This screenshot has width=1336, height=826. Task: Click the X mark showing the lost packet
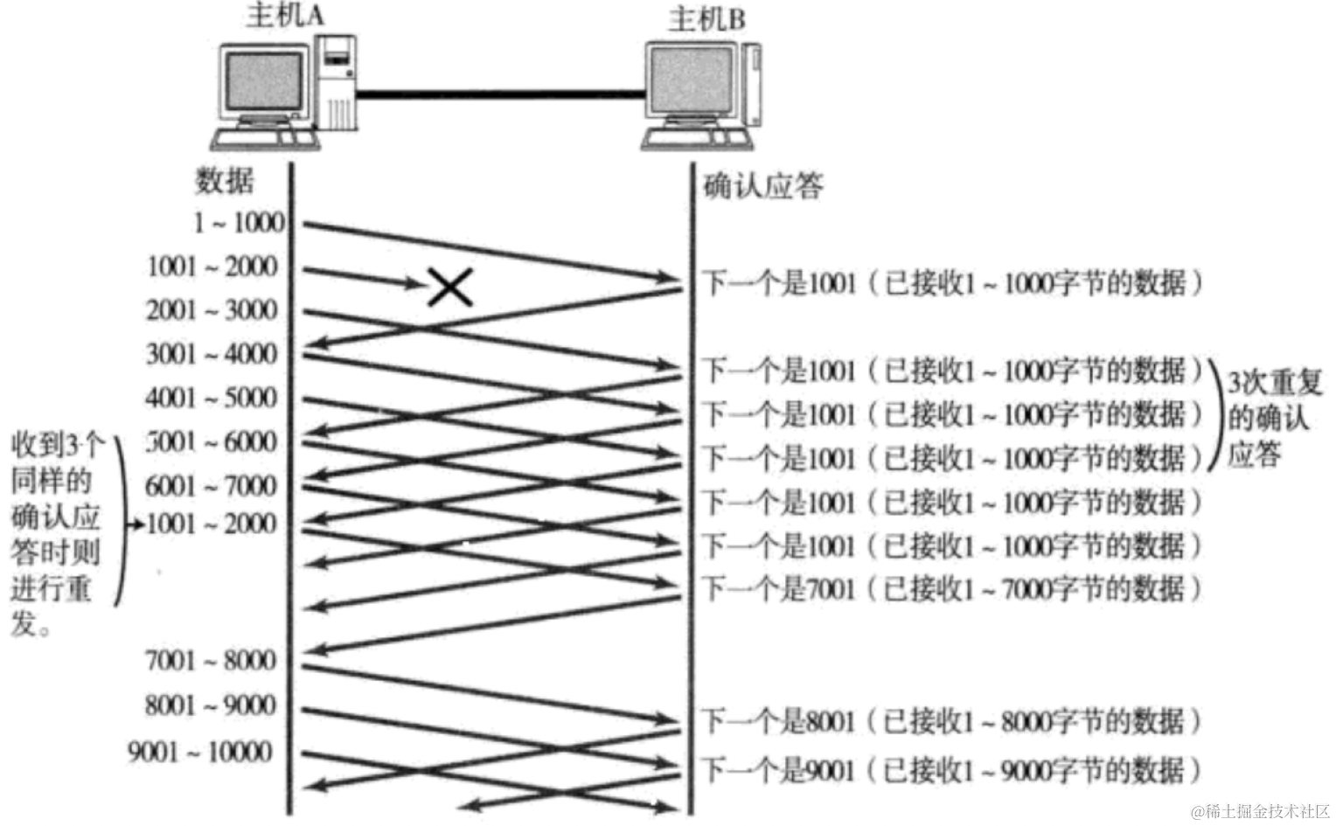click(x=450, y=287)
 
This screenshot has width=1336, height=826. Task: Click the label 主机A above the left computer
click(x=285, y=16)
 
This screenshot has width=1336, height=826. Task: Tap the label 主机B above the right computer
click(x=706, y=19)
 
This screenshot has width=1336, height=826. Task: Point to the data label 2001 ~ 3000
click(x=212, y=310)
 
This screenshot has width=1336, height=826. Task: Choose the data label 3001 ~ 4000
click(x=212, y=354)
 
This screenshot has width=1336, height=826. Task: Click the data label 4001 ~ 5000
click(x=212, y=398)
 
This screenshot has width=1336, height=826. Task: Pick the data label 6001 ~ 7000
click(x=212, y=485)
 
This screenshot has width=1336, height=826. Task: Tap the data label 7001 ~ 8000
click(x=211, y=661)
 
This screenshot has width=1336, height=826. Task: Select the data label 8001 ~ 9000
click(x=211, y=705)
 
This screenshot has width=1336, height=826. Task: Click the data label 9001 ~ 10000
click(x=201, y=752)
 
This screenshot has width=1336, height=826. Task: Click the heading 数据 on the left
click(x=225, y=181)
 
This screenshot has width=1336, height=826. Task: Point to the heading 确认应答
click(x=763, y=186)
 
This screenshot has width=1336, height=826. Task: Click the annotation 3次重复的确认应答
click(x=1273, y=418)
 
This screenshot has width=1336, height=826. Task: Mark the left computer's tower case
click(x=336, y=83)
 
